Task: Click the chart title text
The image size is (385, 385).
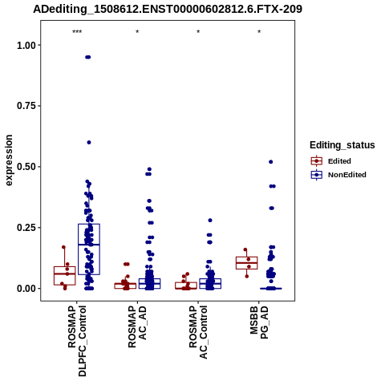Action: pyautogui.click(x=168, y=9)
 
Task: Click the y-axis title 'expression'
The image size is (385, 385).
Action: pyautogui.click(x=9, y=160)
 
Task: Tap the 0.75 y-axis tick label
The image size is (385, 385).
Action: pyautogui.click(x=26, y=106)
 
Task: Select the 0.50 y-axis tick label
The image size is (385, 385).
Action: pyautogui.click(x=26, y=167)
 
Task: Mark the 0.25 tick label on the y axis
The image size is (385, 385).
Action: pyautogui.click(x=26, y=228)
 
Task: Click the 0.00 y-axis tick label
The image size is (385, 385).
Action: pyautogui.click(x=26, y=289)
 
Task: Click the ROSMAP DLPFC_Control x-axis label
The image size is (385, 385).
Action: pyautogui.click(x=77, y=341)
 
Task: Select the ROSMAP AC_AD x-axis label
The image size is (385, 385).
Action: pyautogui.click(x=137, y=326)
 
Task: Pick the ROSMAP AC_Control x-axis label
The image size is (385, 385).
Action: pyautogui.click(x=198, y=332)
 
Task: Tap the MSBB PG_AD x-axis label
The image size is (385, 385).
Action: pyautogui.click(x=259, y=322)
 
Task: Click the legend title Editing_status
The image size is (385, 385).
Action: pyautogui.click(x=342, y=145)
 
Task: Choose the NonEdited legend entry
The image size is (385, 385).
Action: pyautogui.click(x=338, y=175)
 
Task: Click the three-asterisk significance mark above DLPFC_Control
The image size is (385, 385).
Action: pyautogui.click(x=77, y=32)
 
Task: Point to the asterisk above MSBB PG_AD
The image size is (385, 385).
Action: pyautogui.click(x=259, y=32)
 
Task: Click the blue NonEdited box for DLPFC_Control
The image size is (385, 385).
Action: pyautogui.click(x=89, y=249)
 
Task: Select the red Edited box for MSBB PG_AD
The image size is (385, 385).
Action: pyautogui.click(x=247, y=263)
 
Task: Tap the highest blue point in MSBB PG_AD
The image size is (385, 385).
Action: pyautogui.click(x=271, y=162)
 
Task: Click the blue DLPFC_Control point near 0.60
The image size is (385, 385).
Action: pyautogui.click(x=89, y=143)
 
